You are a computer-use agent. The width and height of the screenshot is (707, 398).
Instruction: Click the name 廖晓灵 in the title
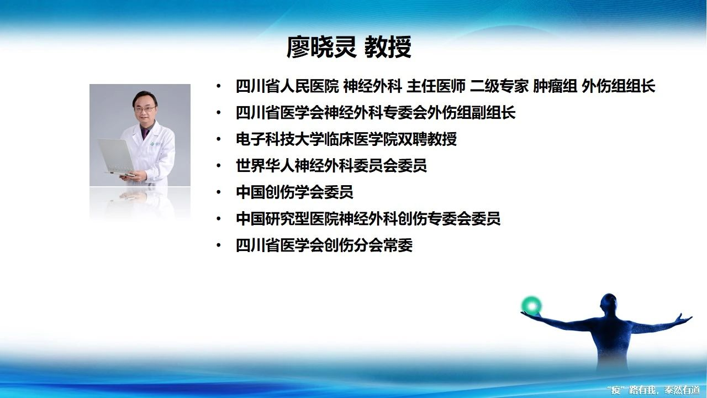point(321,48)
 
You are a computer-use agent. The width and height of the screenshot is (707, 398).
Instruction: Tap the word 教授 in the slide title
point(388,48)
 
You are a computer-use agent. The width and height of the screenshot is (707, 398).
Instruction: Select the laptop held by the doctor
point(116,158)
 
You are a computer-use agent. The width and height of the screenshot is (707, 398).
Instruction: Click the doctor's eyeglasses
point(145,109)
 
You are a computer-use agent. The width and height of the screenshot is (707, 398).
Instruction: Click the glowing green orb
point(531,306)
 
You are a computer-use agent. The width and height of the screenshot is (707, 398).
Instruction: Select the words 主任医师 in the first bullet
point(436,86)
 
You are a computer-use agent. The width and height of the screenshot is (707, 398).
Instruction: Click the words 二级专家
point(499,86)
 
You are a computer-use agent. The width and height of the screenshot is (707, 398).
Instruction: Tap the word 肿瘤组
point(555,86)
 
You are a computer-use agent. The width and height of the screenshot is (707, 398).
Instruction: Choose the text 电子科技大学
point(280,139)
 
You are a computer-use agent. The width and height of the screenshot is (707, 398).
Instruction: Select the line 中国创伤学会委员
point(294,192)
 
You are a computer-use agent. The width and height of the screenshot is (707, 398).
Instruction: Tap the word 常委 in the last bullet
point(398,245)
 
